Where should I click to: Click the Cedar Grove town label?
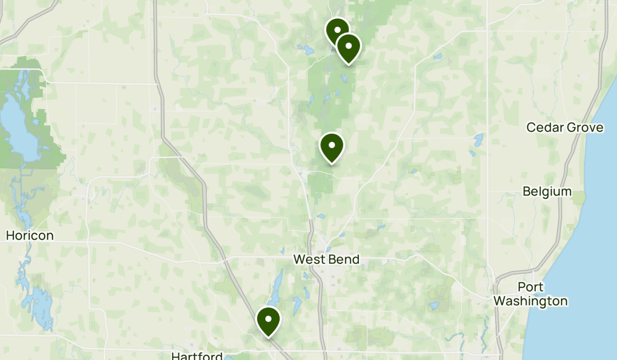565,127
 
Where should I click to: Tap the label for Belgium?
547,191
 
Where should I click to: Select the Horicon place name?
30,236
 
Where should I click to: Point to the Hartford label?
197,356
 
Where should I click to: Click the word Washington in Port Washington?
531,301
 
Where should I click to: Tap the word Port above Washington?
531,287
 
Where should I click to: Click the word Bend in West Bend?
344,259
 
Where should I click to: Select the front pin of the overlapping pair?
349,47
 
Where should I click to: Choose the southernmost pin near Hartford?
268,320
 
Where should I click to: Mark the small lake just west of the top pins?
307,50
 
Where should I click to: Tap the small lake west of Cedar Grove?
479,139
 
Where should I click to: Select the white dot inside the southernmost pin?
268,319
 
